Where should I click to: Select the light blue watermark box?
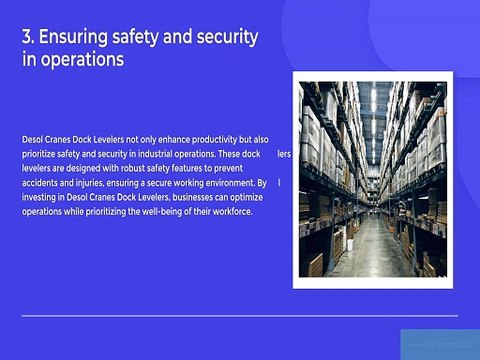point(439,343)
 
